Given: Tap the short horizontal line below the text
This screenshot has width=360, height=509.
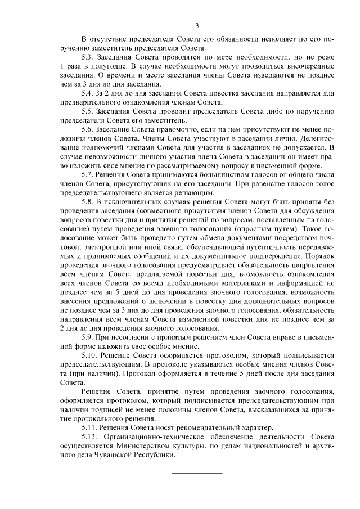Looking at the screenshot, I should point(197,472).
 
